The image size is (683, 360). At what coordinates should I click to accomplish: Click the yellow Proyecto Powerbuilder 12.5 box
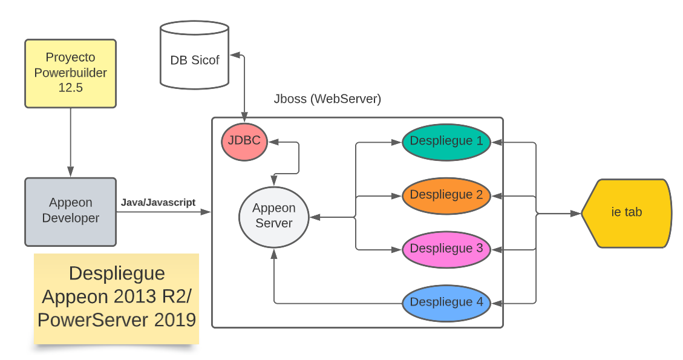tap(70, 73)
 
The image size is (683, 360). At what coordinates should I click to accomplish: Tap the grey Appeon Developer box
tap(70, 211)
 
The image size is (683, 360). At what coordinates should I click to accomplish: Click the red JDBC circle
tap(244, 142)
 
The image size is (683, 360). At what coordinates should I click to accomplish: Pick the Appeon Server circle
tap(274, 215)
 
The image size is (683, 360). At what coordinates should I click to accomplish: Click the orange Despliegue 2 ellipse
tap(446, 195)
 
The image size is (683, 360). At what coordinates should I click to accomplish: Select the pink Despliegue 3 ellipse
tap(446, 249)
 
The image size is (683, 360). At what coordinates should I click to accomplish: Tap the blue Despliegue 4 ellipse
tap(446, 302)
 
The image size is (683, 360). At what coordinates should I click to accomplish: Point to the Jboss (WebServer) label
tap(327, 99)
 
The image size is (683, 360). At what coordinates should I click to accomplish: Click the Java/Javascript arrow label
tap(158, 203)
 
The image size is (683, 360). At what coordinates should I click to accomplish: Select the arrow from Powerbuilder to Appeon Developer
tap(71, 142)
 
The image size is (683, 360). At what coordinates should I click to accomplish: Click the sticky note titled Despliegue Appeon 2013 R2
tap(117, 299)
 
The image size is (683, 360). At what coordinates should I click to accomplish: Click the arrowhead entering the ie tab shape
tap(577, 214)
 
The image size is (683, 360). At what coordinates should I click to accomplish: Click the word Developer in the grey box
tap(70, 218)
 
